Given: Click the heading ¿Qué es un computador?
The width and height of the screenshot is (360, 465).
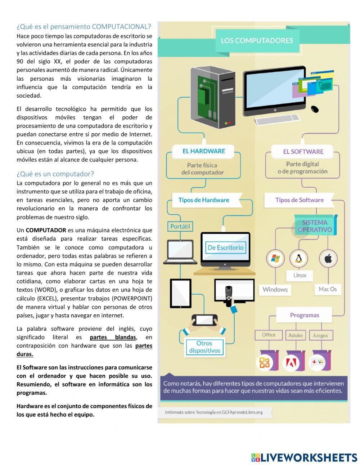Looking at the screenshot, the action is click(x=55, y=174).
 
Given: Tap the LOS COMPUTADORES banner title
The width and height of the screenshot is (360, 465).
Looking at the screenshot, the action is click(x=257, y=41).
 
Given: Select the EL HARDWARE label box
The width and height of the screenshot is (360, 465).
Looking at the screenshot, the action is click(x=203, y=151).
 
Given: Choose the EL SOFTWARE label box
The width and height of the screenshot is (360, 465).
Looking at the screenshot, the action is click(x=303, y=152).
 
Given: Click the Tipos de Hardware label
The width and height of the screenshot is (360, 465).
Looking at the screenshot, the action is click(x=204, y=200).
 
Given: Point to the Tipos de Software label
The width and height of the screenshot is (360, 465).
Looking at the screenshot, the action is click(x=299, y=200).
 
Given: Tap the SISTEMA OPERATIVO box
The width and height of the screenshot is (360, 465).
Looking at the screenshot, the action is click(x=315, y=226).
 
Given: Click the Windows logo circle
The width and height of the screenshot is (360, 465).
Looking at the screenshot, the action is click(x=275, y=258).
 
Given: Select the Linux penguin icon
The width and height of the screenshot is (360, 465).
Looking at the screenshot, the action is click(x=298, y=258).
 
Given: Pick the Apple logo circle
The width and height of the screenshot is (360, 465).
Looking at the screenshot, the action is click(x=328, y=258).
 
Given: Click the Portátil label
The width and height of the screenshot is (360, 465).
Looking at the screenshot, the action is click(x=180, y=227).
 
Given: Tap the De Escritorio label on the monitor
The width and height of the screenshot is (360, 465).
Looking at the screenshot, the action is click(x=225, y=247).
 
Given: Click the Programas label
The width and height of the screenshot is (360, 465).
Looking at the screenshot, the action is click(x=305, y=315).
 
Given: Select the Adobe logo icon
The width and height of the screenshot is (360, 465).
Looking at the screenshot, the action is click(x=291, y=363).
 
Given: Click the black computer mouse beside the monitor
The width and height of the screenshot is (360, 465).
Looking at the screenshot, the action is click(x=315, y=108).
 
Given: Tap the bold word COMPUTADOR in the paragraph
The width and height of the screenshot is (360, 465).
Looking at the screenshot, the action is click(x=46, y=230).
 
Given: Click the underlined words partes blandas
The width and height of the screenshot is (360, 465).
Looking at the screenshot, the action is click(x=113, y=337).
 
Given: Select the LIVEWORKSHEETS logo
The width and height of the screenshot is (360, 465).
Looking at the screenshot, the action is click(x=304, y=457).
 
